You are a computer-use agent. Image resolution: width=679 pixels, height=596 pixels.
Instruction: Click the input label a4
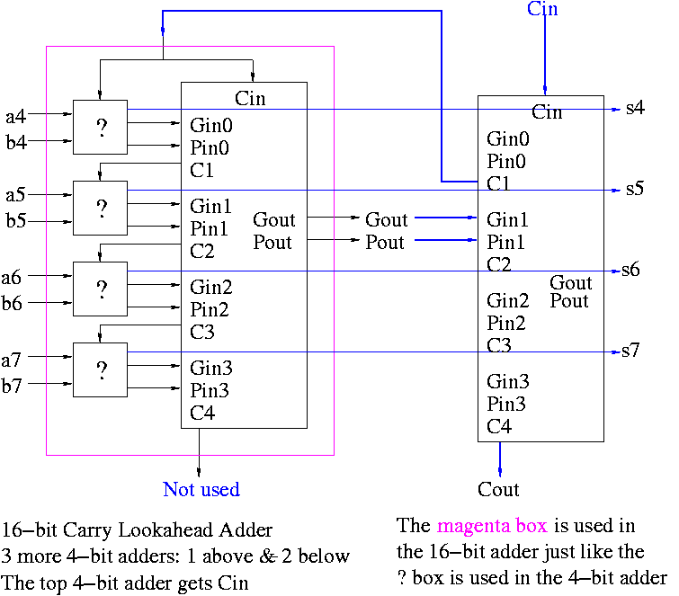click(16, 115)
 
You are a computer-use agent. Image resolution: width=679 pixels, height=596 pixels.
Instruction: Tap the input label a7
click(12, 360)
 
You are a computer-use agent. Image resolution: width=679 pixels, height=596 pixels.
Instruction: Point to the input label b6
click(13, 304)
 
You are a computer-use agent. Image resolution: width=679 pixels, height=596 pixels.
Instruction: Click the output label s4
click(636, 109)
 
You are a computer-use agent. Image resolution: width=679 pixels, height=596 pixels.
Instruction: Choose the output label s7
click(630, 351)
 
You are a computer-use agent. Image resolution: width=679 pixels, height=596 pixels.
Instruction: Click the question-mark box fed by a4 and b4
click(100, 127)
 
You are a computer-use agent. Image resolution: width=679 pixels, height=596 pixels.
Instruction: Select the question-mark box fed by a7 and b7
click(100, 369)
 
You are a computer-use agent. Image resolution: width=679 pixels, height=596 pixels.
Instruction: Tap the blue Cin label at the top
click(542, 9)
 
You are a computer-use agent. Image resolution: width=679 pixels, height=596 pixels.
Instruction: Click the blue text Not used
click(201, 489)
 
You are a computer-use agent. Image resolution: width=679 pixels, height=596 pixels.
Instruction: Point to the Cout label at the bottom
click(499, 489)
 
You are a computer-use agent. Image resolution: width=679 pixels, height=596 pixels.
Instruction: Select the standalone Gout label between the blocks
click(387, 219)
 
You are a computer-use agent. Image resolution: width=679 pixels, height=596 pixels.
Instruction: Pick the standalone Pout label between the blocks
click(386, 242)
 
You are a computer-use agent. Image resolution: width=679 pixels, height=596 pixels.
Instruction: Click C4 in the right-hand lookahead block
click(500, 426)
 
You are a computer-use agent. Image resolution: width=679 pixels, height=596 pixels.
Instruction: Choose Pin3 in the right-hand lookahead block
click(507, 404)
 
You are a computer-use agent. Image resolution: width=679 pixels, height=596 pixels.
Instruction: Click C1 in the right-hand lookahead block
click(500, 184)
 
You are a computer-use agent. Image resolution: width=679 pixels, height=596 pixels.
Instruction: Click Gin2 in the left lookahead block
click(210, 288)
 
